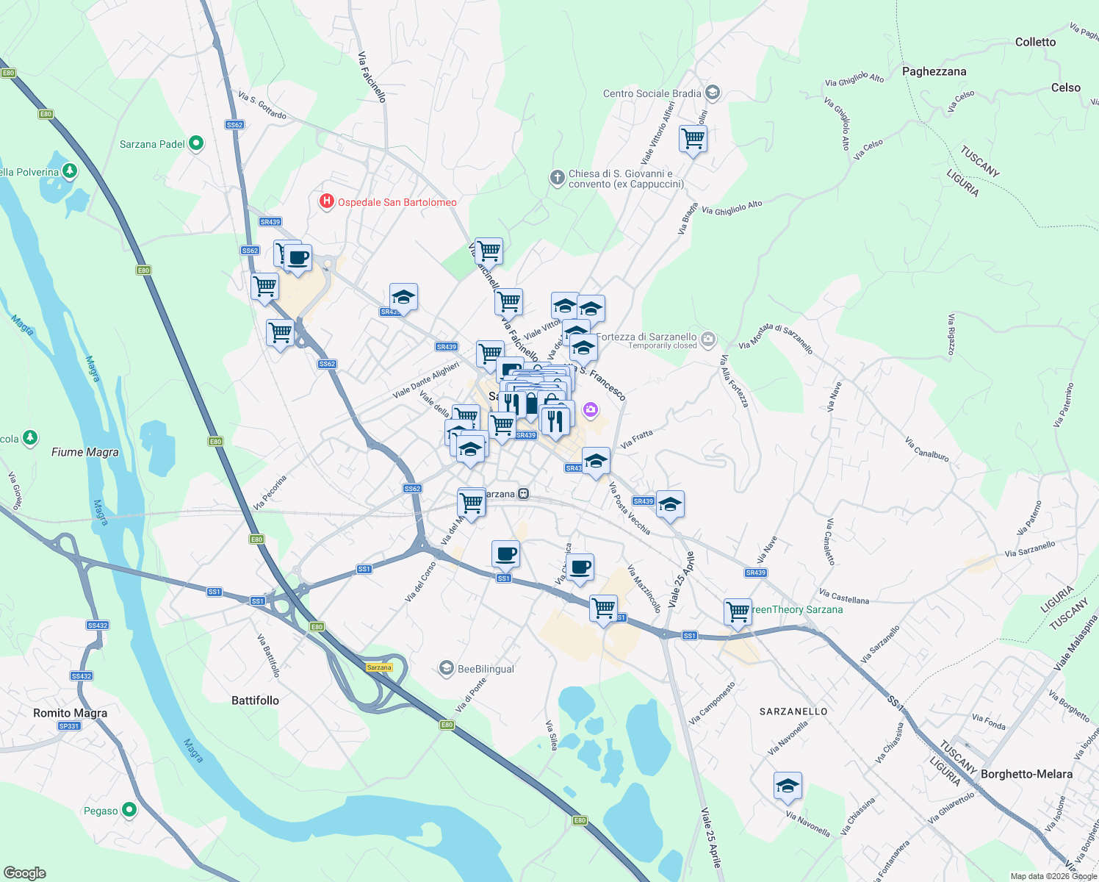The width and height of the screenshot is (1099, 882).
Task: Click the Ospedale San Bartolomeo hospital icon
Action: click(x=327, y=201)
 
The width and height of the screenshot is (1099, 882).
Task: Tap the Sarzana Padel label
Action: click(x=152, y=144)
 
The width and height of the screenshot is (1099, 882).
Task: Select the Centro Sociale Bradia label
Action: click(x=652, y=93)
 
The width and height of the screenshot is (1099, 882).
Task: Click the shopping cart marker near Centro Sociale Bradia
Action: click(x=693, y=138)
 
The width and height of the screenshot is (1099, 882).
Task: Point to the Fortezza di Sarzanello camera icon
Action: click(x=708, y=339)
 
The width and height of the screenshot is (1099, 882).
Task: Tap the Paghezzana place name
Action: click(x=934, y=71)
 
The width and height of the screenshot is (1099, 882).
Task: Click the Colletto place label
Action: click(x=1035, y=42)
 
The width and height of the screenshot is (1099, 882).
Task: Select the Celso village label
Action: click(x=1065, y=87)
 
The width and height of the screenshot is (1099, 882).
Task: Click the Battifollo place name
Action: click(x=255, y=700)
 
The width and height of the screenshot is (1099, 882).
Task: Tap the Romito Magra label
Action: click(x=71, y=713)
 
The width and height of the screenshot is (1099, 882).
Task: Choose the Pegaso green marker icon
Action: click(x=129, y=810)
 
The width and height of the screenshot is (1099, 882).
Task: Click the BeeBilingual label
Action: click(x=486, y=669)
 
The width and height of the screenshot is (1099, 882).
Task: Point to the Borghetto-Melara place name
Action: click(x=1026, y=774)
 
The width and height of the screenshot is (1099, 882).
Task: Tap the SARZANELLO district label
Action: click(x=793, y=711)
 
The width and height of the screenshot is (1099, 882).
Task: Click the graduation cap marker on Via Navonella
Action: click(x=787, y=786)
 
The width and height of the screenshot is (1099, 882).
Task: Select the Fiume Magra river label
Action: click(x=85, y=452)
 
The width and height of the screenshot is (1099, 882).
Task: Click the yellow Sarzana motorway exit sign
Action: click(x=379, y=667)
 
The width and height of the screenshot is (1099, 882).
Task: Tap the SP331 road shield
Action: click(x=69, y=726)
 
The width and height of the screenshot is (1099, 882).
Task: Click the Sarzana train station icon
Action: click(x=524, y=494)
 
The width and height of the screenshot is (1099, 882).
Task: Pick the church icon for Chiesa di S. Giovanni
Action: click(x=558, y=178)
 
